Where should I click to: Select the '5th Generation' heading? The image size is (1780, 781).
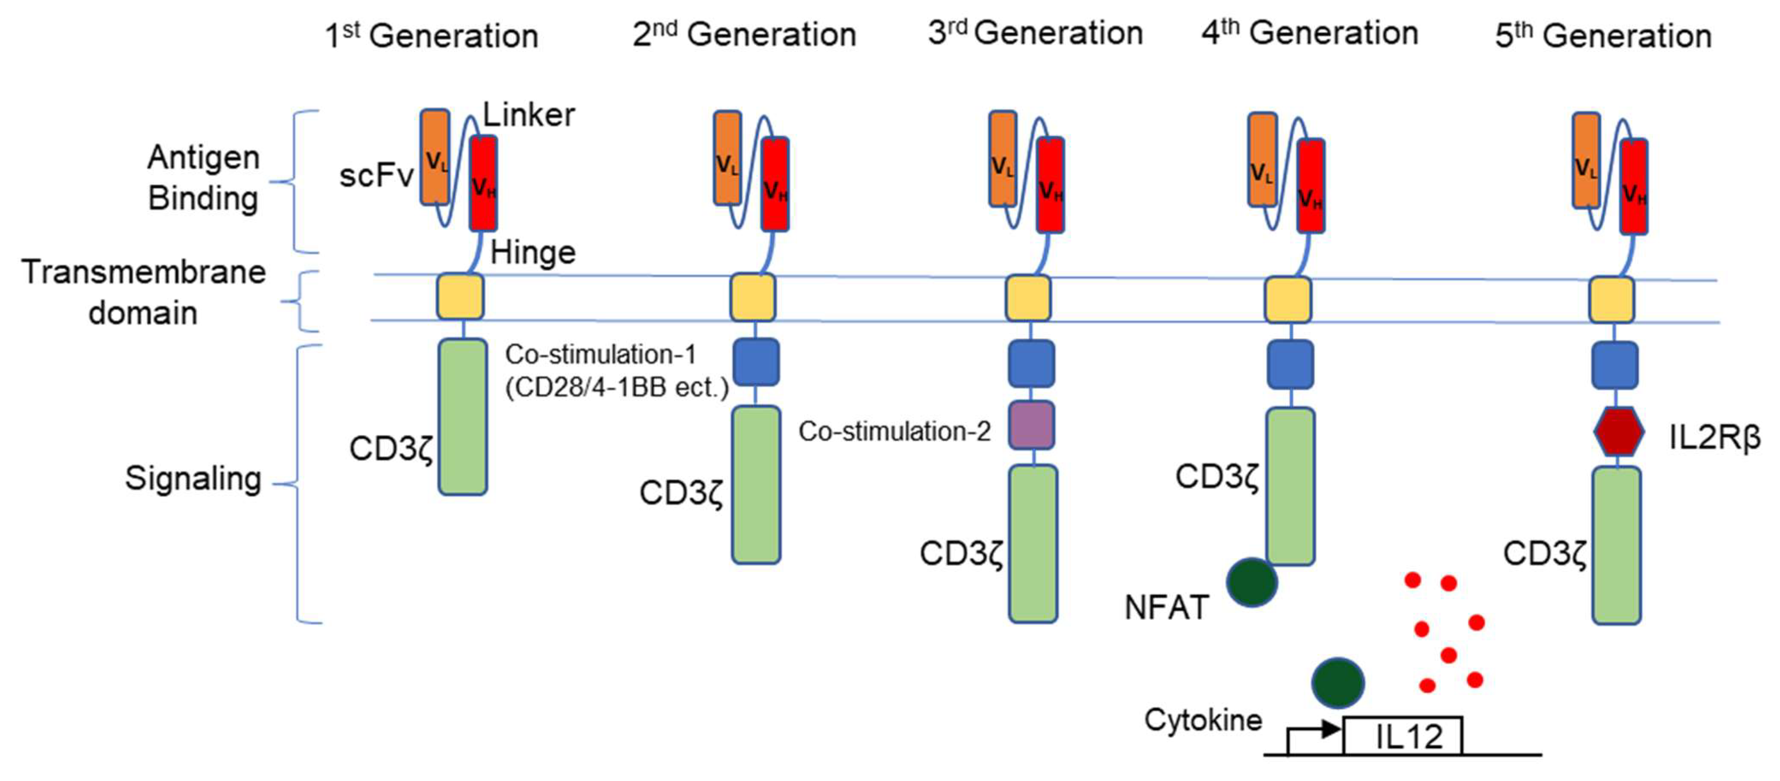tap(1603, 35)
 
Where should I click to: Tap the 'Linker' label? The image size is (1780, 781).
tap(529, 115)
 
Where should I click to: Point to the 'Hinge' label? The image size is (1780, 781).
tap(533, 253)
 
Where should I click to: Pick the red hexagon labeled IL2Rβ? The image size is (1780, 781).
tap(1618, 432)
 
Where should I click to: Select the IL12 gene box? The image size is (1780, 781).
tap(1403, 736)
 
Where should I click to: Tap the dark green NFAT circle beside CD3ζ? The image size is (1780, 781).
tap(1251, 582)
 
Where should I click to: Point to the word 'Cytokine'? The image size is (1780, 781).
tap(1203, 720)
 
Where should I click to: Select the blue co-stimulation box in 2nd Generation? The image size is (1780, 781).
tap(756, 362)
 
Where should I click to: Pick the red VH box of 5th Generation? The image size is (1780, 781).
tap(1634, 186)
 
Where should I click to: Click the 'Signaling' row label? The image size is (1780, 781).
tap(193, 478)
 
